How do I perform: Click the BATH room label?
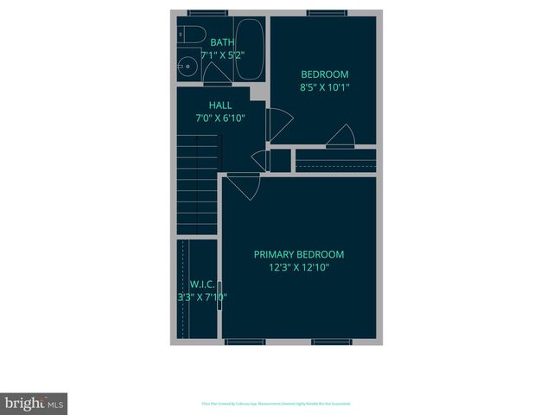click(x=222, y=42)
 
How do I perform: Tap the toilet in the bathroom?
click(x=192, y=37)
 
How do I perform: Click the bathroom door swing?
click(x=219, y=75)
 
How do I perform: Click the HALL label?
click(x=220, y=105)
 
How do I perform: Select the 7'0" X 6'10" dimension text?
click(x=220, y=118)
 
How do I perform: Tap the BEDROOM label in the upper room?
click(x=324, y=74)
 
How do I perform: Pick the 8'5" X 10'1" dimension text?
click(x=324, y=87)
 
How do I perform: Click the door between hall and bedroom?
click(x=279, y=125)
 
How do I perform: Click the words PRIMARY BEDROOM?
click(x=298, y=254)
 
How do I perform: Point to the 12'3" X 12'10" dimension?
click(x=298, y=268)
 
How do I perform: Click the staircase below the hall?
click(x=198, y=186)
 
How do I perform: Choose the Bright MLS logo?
click(x=34, y=404)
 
